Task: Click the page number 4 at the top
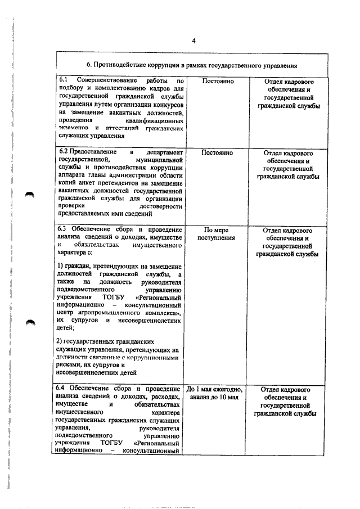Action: coord(192,41)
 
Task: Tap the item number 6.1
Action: coord(64,81)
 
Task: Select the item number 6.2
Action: coord(64,152)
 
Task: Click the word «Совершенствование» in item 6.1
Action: coord(106,81)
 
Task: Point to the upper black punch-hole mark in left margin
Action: coord(30,193)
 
